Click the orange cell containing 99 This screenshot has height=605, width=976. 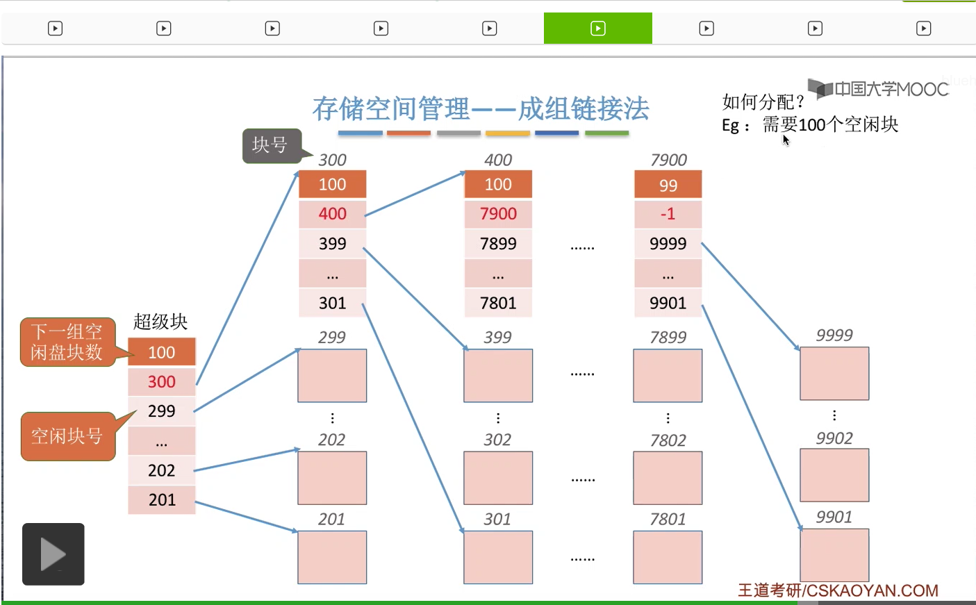coord(668,185)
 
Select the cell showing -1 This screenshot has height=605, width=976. coord(668,214)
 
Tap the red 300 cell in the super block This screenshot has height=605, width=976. coord(161,381)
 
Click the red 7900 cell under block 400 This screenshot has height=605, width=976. coord(498,214)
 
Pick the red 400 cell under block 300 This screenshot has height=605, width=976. coord(332,214)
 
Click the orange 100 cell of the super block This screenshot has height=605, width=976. coord(161,352)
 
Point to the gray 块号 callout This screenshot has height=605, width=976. coord(270,145)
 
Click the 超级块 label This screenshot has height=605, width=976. coord(160,322)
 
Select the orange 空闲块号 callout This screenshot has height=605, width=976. coord(67,436)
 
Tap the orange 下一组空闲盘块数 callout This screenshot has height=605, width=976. coord(67,342)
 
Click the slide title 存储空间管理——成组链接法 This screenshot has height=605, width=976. coord(481,109)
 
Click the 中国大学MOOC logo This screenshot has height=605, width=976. coord(879,89)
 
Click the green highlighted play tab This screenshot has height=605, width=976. coord(597,28)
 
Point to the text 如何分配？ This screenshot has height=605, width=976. coord(763,102)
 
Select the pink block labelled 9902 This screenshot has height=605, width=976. coord(834,475)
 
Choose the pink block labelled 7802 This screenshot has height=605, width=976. coord(668,478)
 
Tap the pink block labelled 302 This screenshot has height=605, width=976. coord(498,478)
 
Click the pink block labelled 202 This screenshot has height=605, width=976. coord(332,478)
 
